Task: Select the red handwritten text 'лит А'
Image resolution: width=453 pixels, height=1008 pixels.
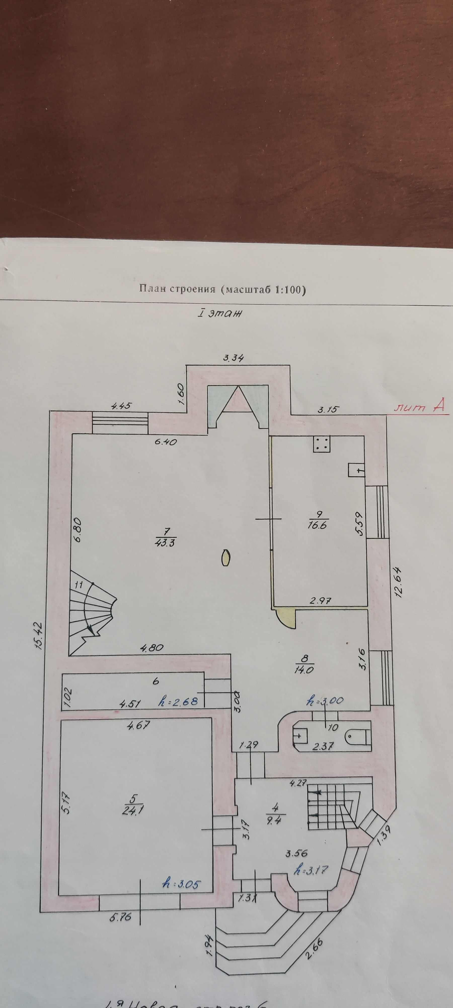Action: (419, 408)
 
